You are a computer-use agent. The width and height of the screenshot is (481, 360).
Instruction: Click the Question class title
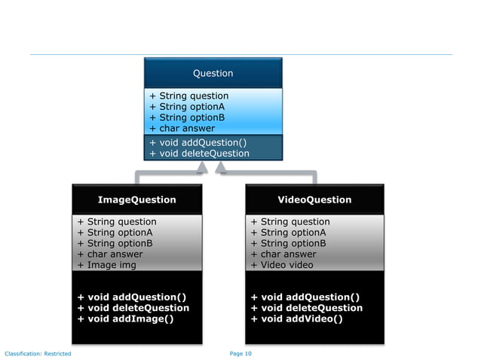pos(213,73)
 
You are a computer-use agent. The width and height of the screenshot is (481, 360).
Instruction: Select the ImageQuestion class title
pos(136,200)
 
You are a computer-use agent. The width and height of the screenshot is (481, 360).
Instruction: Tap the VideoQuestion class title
pos(314,200)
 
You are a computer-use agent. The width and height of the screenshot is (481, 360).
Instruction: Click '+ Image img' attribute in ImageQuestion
pos(108,264)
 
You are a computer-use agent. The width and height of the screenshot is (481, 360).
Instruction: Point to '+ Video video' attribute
pos(282,264)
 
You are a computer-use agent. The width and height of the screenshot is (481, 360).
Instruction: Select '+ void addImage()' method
pos(125,319)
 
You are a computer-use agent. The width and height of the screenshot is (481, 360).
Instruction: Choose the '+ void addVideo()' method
pos(296,319)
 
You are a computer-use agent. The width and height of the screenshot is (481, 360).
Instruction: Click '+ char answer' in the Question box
pos(182,128)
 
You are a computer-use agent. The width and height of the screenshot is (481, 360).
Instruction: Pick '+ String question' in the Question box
pos(188,96)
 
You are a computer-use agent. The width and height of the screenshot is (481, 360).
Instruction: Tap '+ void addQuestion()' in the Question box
pos(198,142)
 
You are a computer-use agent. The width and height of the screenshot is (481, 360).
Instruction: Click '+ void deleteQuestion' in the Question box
pos(199,153)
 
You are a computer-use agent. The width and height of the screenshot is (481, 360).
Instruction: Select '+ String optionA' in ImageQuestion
pos(115,232)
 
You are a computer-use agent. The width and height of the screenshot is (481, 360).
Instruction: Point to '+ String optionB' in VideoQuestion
pos(288,243)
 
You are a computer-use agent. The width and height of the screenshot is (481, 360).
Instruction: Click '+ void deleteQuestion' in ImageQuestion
pos(133,307)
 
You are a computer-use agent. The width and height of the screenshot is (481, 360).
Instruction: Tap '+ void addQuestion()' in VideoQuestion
pos(305,297)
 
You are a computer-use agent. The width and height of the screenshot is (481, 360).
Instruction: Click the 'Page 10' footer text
pos(240,353)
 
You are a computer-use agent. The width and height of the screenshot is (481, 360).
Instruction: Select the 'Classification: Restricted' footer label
pos(38,353)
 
